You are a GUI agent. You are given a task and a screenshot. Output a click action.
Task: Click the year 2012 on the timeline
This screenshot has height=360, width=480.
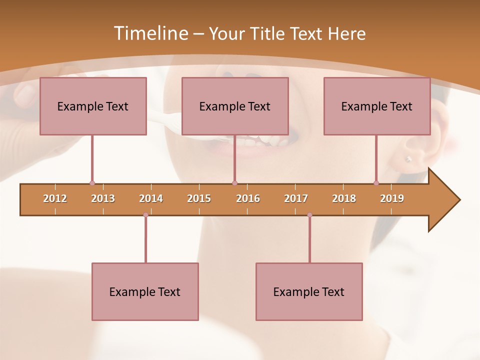[x=55, y=198]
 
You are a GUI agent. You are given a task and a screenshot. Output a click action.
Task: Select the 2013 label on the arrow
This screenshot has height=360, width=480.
[x=103, y=198]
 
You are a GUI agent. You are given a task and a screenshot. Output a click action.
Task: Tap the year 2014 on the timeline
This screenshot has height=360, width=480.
[x=151, y=198]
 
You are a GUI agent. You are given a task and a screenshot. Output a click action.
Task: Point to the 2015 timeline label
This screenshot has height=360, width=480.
[x=199, y=198]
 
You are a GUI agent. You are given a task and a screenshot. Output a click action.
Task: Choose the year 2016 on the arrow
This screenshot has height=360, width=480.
[x=248, y=198]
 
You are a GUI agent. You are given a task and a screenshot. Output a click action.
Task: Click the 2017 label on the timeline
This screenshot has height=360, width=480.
[x=296, y=198]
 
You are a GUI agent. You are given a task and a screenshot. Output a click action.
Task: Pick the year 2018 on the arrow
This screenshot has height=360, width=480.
[x=344, y=198]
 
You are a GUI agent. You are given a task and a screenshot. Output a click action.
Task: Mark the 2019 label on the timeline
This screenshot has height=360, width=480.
[x=392, y=198]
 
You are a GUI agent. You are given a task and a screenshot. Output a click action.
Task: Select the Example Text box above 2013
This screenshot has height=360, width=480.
[x=93, y=106]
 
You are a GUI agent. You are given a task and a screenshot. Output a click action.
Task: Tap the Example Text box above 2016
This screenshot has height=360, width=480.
[x=235, y=106]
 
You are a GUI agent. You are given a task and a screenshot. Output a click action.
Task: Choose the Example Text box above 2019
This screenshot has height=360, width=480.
[x=377, y=106]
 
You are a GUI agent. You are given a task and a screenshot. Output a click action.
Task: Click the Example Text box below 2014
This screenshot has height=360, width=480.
[x=145, y=291]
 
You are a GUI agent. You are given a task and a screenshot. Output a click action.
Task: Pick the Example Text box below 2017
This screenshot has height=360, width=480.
[x=309, y=291]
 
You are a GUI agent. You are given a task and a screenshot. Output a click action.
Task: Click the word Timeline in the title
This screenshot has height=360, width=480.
[x=150, y=33]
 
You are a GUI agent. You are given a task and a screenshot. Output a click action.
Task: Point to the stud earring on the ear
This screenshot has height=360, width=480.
[x=408, y=159]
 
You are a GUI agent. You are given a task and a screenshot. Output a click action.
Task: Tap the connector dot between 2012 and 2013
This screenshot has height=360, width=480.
[x=92, y=183]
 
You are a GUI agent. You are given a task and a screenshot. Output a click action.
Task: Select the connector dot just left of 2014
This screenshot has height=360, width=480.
[x=145, y=215]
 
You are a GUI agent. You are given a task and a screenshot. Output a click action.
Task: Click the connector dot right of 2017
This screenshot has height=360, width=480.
[x=309, y=215]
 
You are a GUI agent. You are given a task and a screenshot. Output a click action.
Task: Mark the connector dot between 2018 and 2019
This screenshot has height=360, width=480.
[x=376, y=183]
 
